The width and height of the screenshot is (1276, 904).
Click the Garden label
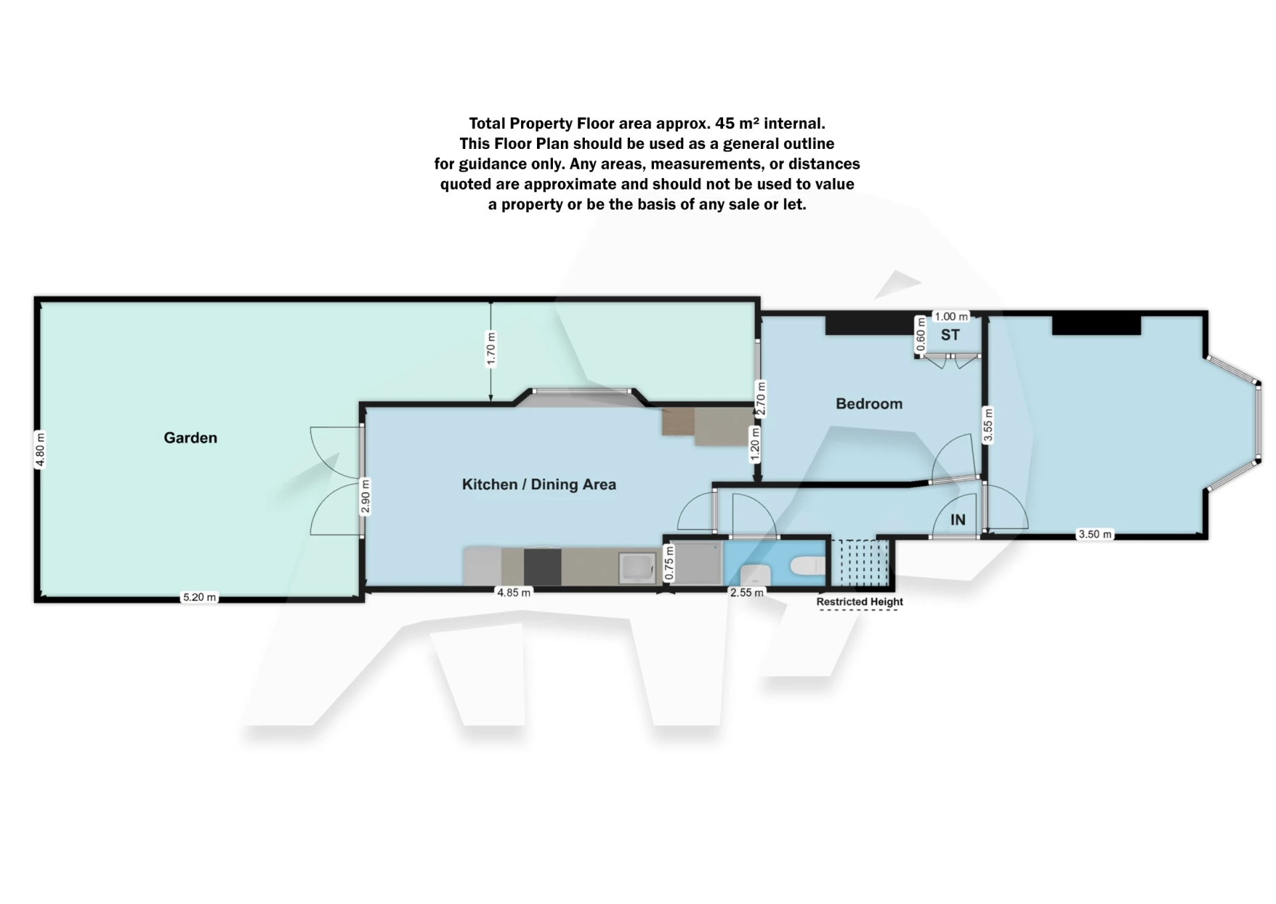[x=190, y=437]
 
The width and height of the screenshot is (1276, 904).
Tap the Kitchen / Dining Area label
[x=539, y=484]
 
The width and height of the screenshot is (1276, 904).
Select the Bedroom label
[x=869, y=403]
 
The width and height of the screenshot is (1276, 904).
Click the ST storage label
[x=950, y=335]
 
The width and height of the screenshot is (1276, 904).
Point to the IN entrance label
[x=958, y=520]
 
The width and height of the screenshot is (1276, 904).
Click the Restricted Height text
[x=859, y=602]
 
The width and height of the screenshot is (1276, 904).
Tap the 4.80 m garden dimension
[x=40, y=450]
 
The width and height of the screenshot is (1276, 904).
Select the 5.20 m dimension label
[x=199, y=597]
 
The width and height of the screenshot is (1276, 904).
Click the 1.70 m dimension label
[x=491, y=349]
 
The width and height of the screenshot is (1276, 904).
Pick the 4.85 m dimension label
[x=514, y=592]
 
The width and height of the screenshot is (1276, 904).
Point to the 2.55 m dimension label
[x=747, y=592]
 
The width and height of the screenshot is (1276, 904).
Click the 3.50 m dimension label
[x=1095, y=534]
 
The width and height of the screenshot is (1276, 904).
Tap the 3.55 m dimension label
[x=988, y=425]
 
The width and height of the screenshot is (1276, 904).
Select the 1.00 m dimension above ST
[x=951, y=316]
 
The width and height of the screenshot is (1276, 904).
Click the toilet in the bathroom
[x=808, y=566]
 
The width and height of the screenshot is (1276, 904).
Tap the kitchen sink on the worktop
[x=637, y=568]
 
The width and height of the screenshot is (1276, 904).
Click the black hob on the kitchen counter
[x=542, y=567]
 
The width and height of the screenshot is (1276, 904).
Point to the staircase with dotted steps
[x=860, y=562]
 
